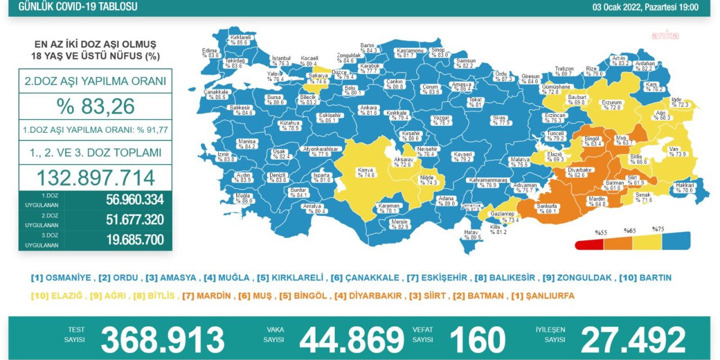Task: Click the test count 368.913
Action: point(162,339)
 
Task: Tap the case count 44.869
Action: point(352,339)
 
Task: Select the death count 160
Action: point(478,339)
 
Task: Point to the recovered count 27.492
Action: point(633,339)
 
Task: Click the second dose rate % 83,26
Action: point(96,106)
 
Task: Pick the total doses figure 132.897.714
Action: point(96,178)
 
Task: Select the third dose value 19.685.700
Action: point(135,240)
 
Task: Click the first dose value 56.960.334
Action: point(135,200)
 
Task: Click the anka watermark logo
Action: point(665,35)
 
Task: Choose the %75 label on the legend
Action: point(658,229)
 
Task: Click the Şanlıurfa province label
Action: point(547,208)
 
